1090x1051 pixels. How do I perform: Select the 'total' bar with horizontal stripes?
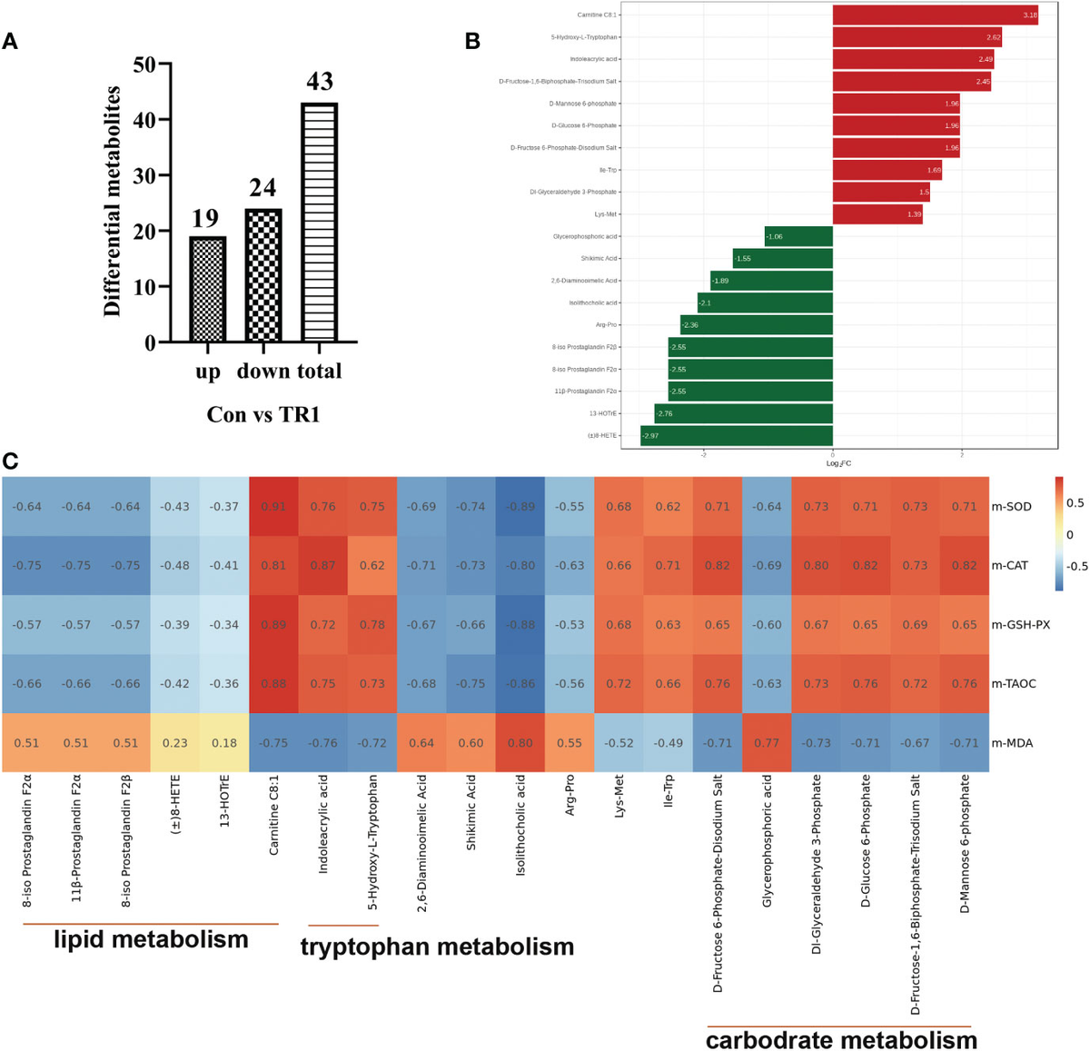coord(319,223)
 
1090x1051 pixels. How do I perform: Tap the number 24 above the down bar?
coord(263,188)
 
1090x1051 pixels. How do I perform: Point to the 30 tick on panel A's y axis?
coord(144,175)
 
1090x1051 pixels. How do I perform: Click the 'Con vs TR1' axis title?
coord(263,414)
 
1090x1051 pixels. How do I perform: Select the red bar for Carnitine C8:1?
coord(935,15)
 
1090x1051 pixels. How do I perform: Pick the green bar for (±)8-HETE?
coord(736,435)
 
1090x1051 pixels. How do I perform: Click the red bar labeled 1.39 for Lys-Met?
coord(877,214)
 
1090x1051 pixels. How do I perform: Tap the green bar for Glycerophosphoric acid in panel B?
coord(798,236)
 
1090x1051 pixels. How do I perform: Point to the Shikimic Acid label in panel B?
coord(599,259)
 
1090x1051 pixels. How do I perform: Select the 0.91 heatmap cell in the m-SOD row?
coord(273,506)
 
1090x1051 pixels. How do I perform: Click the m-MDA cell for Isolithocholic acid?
coord(520,742)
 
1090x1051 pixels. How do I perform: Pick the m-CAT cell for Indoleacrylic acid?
coord(323,565)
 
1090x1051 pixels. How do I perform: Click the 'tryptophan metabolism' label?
coord(437,947)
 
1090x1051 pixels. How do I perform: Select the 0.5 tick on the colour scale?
coord(1075,502)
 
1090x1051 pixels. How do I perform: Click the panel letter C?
coord(10,461)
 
